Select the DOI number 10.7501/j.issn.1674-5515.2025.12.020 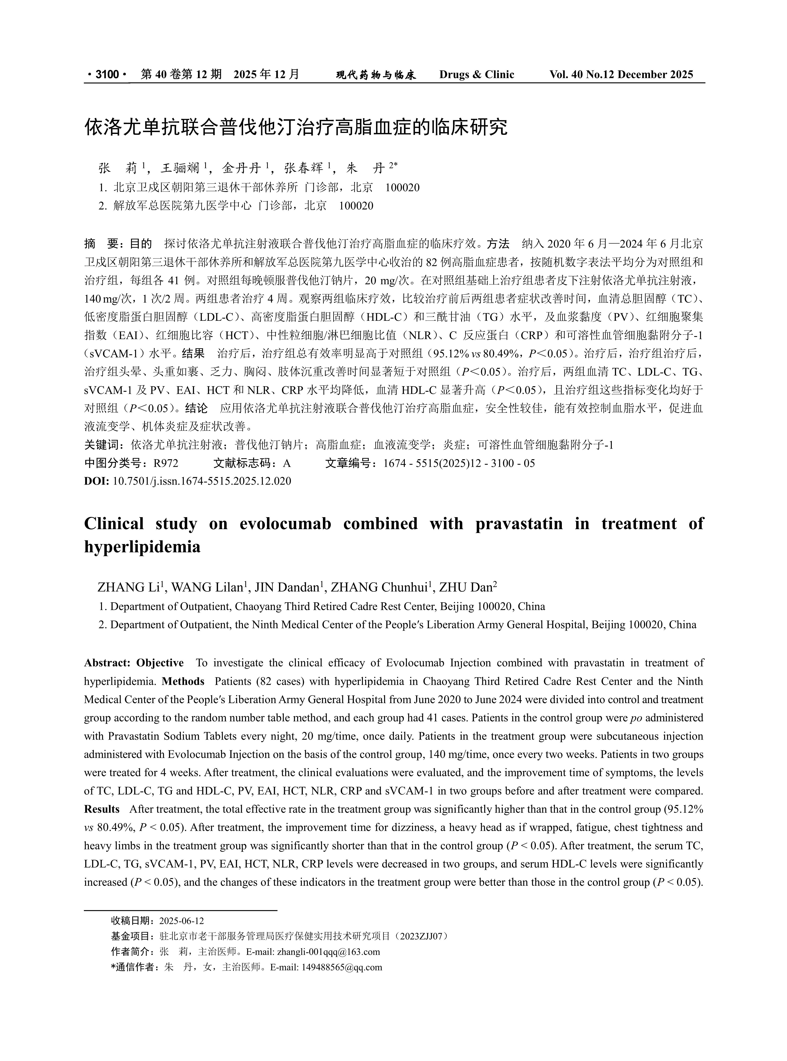(202, 481)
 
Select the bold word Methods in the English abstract (183, 681)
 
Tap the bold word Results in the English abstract (102, 809)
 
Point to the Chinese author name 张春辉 (303, 168)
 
